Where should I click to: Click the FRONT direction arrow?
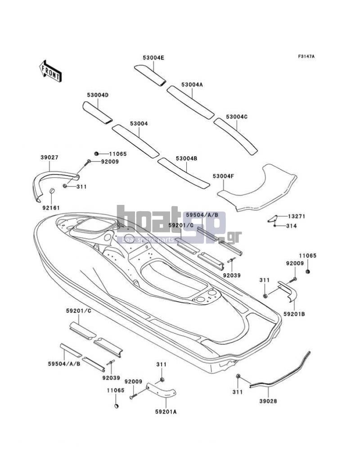point(50,71)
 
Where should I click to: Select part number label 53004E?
point(153,58)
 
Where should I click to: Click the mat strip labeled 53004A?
point(191,102)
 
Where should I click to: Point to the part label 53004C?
point(237,117)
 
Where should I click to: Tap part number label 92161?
point(51,208)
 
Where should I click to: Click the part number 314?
point(292,226)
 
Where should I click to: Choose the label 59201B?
point(294,314)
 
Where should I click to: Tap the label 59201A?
point(166,412)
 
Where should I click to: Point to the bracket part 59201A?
point(161,390)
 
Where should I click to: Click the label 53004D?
point(98,95)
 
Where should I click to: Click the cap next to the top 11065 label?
point(96,154)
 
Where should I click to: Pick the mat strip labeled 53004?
point(135,141)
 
